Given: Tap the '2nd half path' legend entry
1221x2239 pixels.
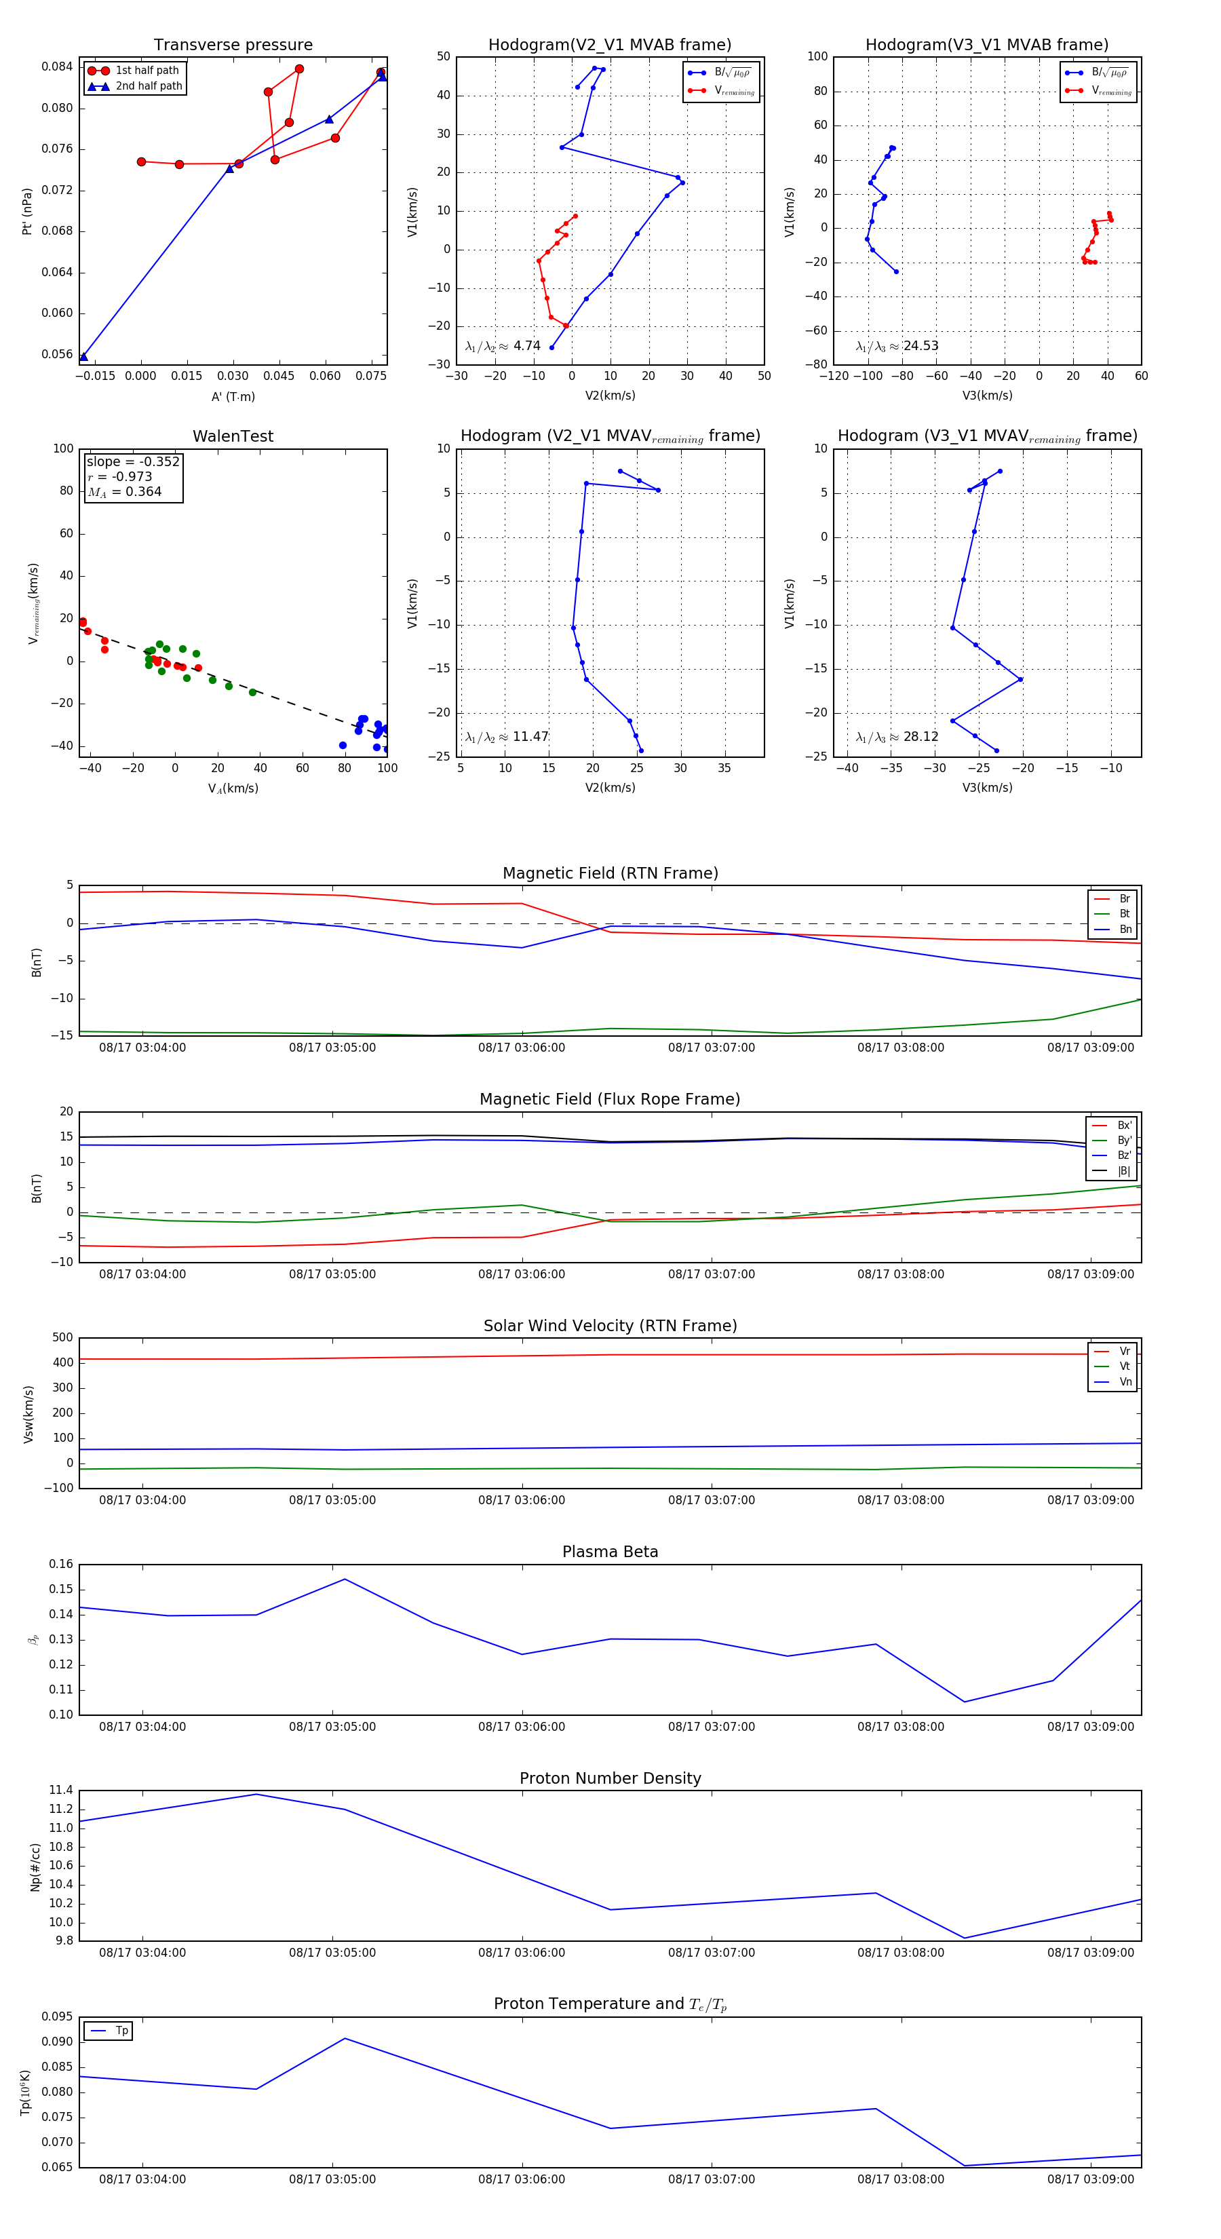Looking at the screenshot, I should (x=149, y=86).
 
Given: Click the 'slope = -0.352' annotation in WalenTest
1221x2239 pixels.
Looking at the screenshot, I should (x=133, y=461).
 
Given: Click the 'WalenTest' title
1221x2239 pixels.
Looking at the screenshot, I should (x=233, y=436).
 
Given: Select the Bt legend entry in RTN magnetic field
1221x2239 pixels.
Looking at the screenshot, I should (x=1124, y=913).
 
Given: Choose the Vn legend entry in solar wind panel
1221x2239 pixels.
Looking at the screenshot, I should (x=1125, y=1381).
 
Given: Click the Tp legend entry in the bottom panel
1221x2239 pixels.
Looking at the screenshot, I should (x=121, y=2031).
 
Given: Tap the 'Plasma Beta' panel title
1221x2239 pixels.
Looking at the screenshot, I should (x=610, y=1552).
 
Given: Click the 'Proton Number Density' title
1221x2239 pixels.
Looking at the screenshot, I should (x=610, y=1778).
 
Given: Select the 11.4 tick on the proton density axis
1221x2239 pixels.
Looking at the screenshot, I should (x=61, y=1790).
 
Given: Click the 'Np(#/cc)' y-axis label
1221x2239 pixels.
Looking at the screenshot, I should (x=36, y=1866).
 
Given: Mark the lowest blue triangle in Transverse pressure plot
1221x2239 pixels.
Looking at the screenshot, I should (x=83, y=356).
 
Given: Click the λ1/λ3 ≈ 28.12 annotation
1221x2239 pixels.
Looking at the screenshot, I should (x=897, y=737).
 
